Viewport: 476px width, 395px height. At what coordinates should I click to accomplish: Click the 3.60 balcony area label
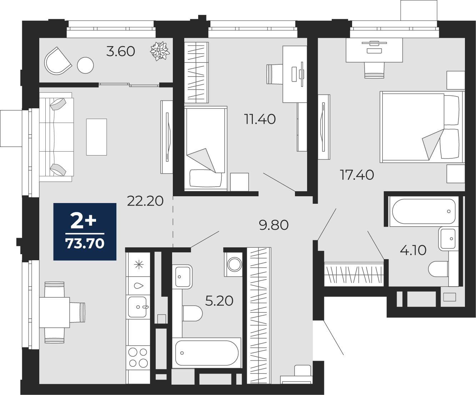tap(121, 51)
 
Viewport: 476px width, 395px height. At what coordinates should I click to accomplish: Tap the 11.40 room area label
tap(260, 119)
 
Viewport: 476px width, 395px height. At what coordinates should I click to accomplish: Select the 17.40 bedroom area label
tap(357, 175)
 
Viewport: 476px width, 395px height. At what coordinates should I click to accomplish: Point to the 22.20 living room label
tap(145, 201)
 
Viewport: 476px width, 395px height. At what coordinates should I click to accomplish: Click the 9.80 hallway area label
tap(274, 225)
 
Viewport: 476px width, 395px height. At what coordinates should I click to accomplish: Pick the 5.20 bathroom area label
tap(219, 301)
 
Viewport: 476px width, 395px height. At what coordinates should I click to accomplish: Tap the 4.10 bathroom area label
tap(413, 250)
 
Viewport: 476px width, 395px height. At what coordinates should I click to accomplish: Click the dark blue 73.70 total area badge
tap(85, 232)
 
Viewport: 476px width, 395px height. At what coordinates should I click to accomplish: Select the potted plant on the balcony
tap(160, 51)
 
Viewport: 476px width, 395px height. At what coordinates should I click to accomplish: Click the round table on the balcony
tap(85, 65)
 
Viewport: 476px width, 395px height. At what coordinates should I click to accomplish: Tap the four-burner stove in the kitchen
tap(138, 357)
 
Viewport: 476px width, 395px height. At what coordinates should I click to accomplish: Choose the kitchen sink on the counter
tap(138, 307)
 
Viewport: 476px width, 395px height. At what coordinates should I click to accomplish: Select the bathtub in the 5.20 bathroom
tap(206, 353)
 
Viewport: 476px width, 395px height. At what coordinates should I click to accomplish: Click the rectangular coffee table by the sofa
tap(96, 137)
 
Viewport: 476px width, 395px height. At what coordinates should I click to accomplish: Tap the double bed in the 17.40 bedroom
tap(422, 127)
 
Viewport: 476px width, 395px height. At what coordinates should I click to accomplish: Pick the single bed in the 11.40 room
tap(206, 148)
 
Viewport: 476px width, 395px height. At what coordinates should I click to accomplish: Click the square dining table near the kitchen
tap(55, 312)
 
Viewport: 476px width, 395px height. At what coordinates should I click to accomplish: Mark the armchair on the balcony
tap(57, 61)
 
